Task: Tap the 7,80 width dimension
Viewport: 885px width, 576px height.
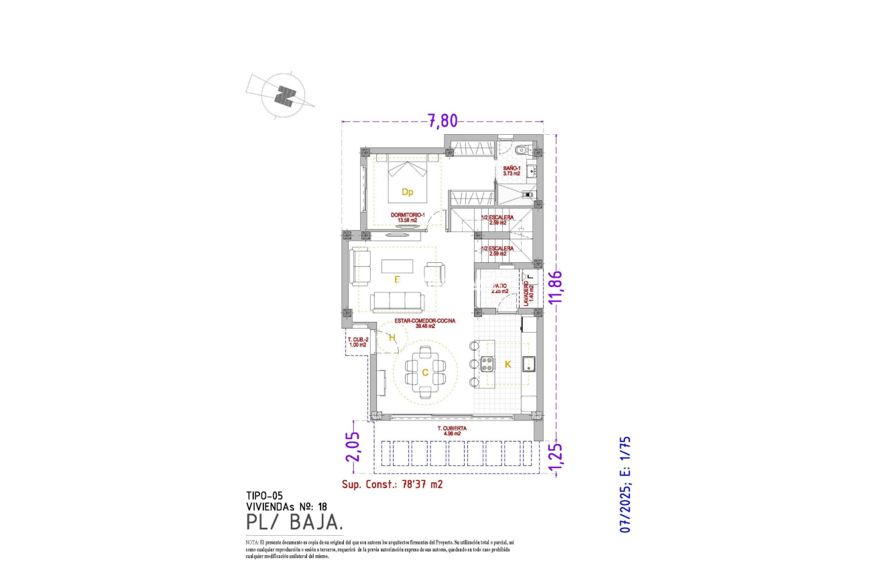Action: click(442, 121)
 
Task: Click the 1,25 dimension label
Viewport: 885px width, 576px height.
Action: click(554, 456)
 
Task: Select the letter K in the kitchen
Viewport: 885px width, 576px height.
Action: click(508, 364)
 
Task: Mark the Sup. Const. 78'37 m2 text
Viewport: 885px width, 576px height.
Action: click(392, 483)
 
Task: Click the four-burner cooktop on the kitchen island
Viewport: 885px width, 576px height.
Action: click(487, 364)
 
